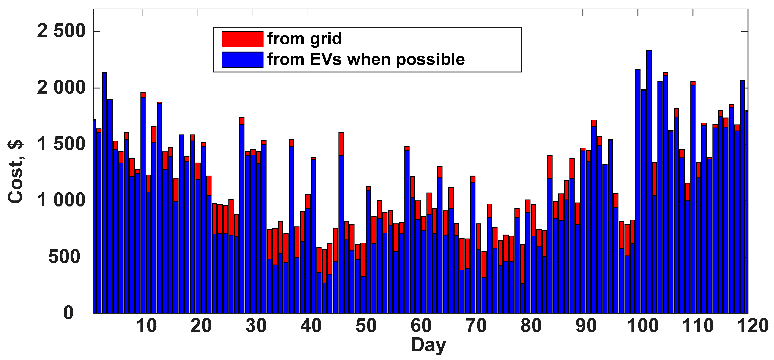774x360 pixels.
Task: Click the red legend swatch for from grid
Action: coord(242,39)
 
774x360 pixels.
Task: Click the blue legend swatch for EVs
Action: coord(242,59)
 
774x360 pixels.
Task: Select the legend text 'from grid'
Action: coord(304,39)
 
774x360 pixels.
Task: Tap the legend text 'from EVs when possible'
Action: coord(366,59)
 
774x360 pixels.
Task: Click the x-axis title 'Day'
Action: coord(428,345)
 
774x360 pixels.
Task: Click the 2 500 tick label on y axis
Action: coord(61,31)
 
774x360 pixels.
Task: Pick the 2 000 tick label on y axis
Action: coord(61,88)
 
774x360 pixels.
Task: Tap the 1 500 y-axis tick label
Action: coord(61,144)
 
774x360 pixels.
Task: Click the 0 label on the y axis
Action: coord(68,313)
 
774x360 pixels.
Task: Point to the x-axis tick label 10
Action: coord(146,326)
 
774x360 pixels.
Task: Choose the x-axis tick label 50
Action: coord(366,326)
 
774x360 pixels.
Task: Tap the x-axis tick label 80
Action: coord(531,326)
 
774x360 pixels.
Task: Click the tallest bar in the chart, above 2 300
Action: coord(649,180)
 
